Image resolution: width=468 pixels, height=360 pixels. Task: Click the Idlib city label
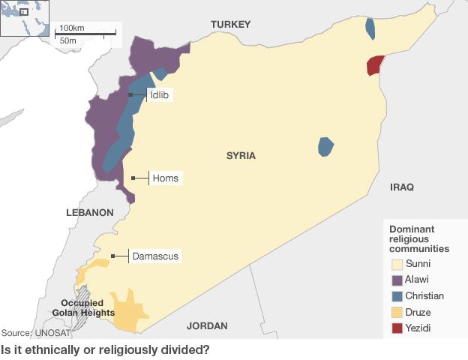click(x=159, y=95)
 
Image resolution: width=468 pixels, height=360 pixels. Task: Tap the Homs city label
click(x=165, y=178)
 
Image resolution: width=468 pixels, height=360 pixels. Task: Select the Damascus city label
click(x=155, y=256)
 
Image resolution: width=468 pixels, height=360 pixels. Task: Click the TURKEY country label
click(x=230, y=25)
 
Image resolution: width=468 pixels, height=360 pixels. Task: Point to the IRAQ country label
click(x=401, y=187)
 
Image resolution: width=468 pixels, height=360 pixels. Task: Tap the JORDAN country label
click(x=207, y=325)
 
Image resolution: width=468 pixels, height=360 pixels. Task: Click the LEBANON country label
click(x=89, y=212)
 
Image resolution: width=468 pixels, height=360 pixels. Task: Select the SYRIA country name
click(x=241, y=156)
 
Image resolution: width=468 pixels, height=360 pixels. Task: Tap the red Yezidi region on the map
click(x=374, y=65)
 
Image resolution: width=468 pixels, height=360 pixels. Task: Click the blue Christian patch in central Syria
click(x=325, y=146)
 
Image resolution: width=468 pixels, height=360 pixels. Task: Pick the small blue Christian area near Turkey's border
click(x=370, y=28)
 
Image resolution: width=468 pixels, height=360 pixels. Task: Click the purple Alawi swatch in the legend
click(x=396, y=280)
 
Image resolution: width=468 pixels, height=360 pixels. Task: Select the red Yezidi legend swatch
click(x=396, y=328)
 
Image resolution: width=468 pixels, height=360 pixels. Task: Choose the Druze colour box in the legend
click(x=396, y=312)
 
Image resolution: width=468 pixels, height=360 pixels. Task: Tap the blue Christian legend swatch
click(x=396, y=295)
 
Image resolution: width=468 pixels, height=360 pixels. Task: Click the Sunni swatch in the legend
click(x=396, y=264)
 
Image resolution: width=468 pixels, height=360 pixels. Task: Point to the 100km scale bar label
click(x=72, y=28)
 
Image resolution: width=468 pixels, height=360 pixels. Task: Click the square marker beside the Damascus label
click(x=113, y=256)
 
